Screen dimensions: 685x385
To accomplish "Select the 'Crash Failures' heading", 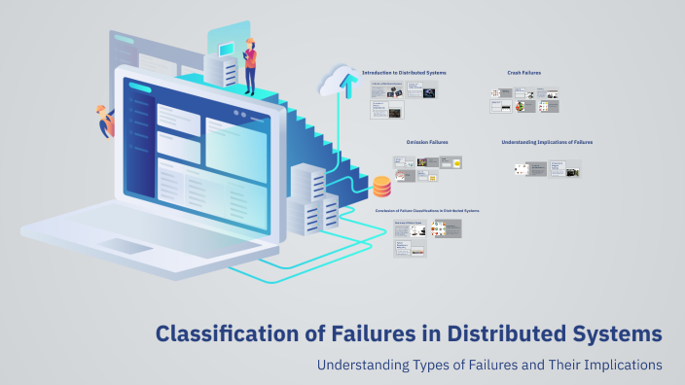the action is point(523,72).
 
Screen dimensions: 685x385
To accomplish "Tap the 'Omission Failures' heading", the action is point(427,142).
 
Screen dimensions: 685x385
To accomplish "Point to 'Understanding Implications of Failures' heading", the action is point(547,142).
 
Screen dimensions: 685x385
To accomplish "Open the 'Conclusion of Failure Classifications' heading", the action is point(426,210).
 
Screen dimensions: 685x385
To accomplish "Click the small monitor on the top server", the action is point(226,48).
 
